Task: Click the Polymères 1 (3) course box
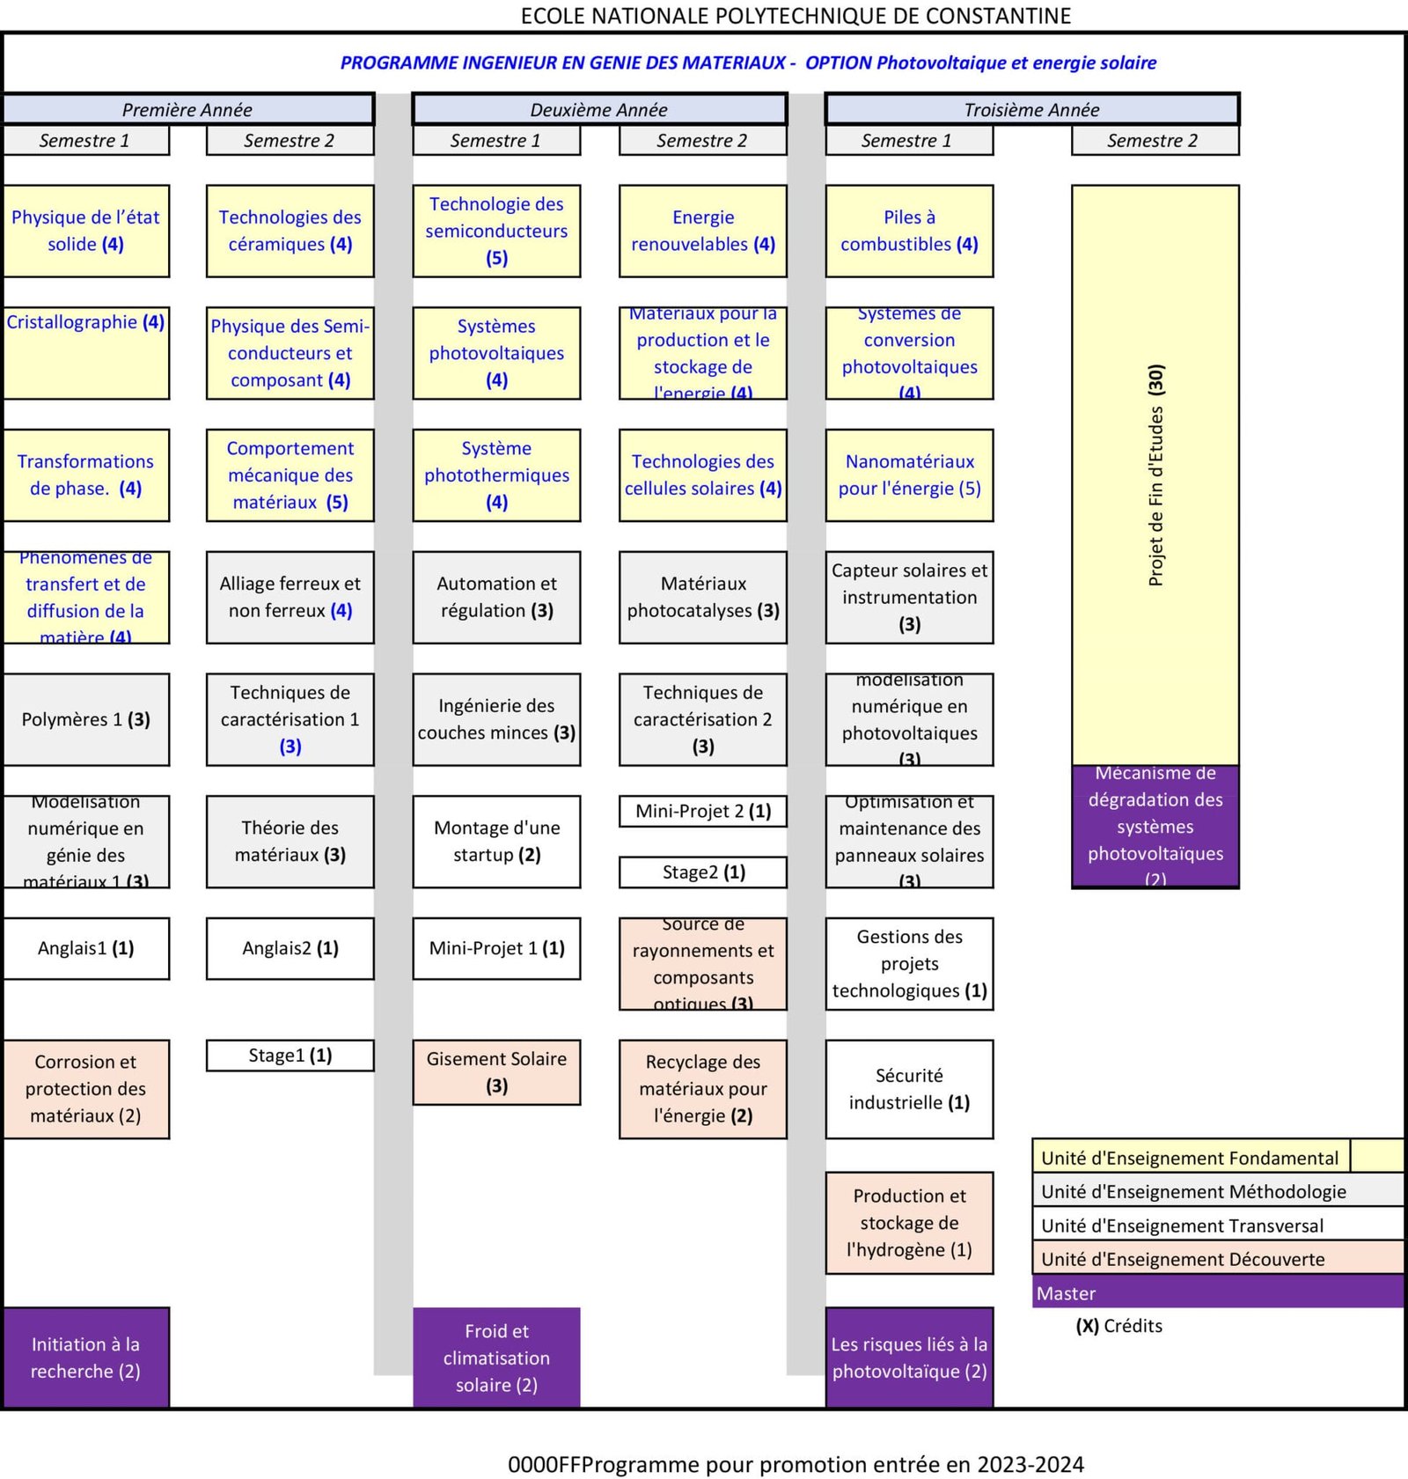click(x=85, y=719)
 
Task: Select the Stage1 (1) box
click(x=290, y=1055)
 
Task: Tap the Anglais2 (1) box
click(x=290, y=948)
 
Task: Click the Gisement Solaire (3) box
click(x=496, y=1071)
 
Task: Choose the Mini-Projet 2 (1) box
click(x=702, y=811)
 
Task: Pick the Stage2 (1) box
click(x=702, y=872)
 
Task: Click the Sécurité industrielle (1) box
click(x=909, y=1089)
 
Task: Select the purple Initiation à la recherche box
click(x=85, y=1357)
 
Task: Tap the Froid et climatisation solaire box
click(x=496, y=1357)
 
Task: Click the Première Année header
click(x=187, y=109)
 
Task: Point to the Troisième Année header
click(x=1031, y=109)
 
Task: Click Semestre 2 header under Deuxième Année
click(x=702, y=140)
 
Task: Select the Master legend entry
click(x=1217, y=1292)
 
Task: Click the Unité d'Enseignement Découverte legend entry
click(x=1217, y=1259)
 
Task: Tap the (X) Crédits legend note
click(x=1118, y=1326)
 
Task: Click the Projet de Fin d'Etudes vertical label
click(x=1155, y=475)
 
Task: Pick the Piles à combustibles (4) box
click(x=909, y=231)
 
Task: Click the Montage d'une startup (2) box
click(x=496, y=841)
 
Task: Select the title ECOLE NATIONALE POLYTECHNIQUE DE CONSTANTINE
click(x=796, y=16)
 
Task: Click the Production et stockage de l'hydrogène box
click(x=909, y=1222)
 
